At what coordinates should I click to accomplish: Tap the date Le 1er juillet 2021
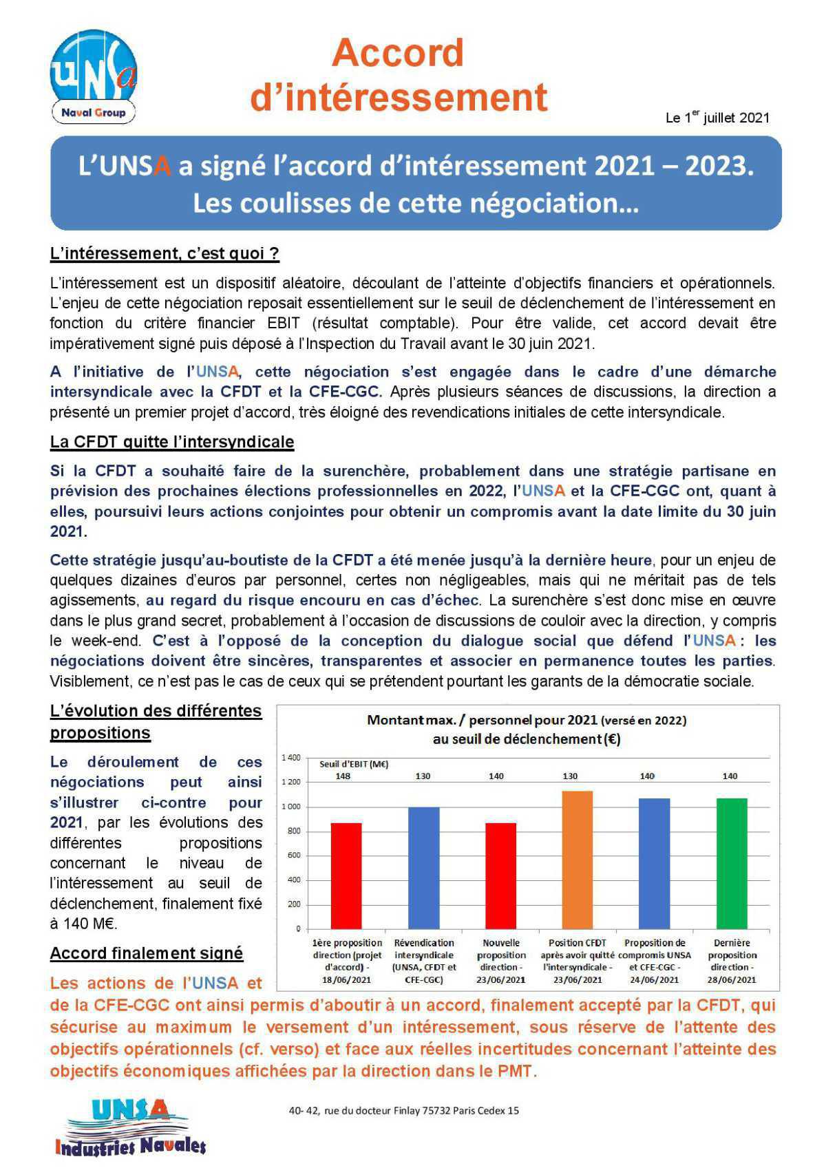(717, 118)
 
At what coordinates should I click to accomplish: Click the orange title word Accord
(398, 53)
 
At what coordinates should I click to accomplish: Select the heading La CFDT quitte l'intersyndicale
(172, 442)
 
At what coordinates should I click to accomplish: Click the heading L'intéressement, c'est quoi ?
(165, 253)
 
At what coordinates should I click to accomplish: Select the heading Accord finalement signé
(147, 953)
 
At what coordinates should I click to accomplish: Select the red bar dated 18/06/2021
(346, 875)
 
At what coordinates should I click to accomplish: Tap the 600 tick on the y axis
(294, 856)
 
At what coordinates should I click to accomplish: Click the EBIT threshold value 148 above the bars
(343, 776)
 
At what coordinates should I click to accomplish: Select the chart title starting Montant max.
(527, 730)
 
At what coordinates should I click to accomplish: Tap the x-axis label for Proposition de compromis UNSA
(654, 961)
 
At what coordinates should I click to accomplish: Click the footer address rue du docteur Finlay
(404, 1110)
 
